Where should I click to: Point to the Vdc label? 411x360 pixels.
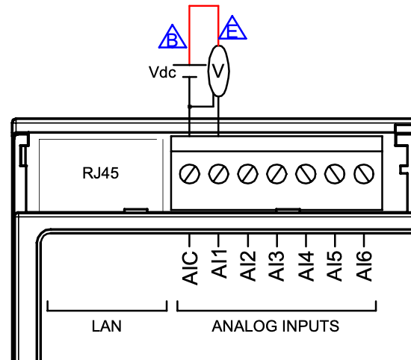tap(162, 72)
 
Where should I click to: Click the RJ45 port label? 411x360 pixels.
tap(100, 173)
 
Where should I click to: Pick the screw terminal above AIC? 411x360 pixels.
tap(190, 174)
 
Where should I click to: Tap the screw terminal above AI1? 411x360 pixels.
tap(219, 174)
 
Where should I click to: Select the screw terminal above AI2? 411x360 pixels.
tap(247, 174)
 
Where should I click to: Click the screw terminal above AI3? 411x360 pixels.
tap(276, 174)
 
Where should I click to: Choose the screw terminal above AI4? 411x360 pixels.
tap(306, 174)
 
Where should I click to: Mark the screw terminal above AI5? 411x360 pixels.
tap(335, 174)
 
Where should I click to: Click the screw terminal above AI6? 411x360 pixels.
tap(364, 174)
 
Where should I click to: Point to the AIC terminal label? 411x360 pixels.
tap(190, 268)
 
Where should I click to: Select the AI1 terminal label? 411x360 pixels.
tap(219, 264)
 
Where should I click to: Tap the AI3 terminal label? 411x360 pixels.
tap(276, 266)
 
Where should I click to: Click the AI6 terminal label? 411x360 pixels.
tap(364, 266)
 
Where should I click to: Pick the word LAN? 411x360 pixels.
tap(107, 326)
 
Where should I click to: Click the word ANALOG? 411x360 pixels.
tap(244, 326)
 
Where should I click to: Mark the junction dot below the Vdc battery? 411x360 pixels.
tap(190, 107)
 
